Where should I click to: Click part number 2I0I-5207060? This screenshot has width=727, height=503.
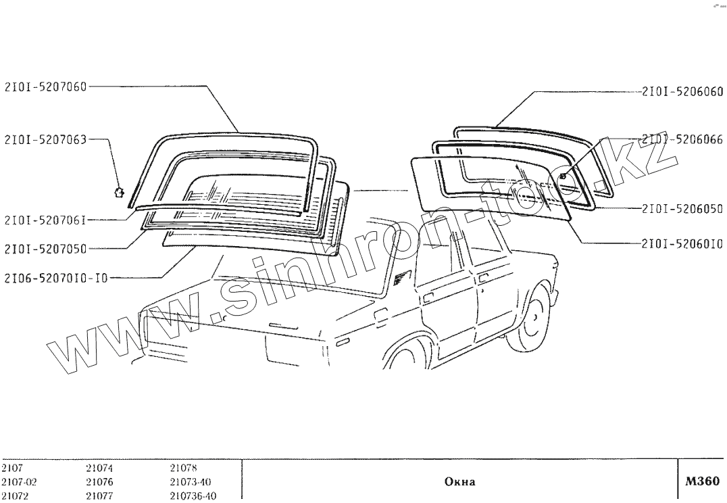click(x=45, y=86)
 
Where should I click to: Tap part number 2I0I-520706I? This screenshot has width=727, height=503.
click(x=45, y=219)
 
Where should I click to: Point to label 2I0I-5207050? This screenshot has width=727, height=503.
click(x=45, y=248)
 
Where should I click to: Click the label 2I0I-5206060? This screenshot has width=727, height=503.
click(x=682, y=92)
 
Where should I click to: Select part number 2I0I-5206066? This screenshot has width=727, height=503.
click(x=682, y=140)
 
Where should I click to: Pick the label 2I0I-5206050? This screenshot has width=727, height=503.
click(x=682, y=209)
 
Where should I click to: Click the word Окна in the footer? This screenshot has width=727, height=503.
click(x=459, y=482)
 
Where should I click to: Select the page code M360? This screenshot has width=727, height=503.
click(x=700, y=481)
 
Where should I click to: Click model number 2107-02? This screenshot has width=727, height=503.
click(x=16, y=482)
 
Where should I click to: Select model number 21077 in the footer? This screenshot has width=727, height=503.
click(x=99, y=496)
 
